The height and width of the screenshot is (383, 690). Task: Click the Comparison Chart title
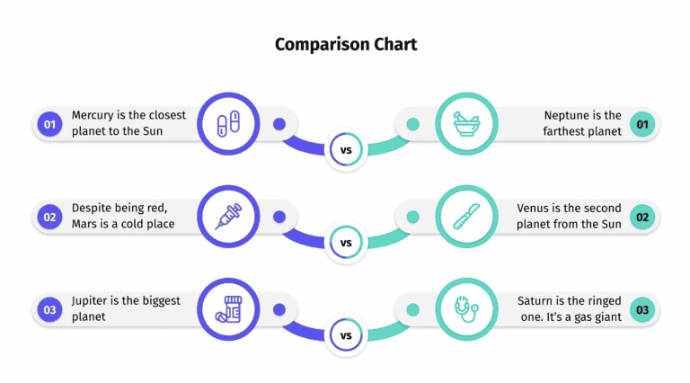(345, 44)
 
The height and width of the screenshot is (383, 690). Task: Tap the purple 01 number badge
(49, 124)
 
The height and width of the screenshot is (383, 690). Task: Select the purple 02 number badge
(49, 217)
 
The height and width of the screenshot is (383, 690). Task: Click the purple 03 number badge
(49, 310)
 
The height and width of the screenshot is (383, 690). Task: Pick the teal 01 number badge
(641, 124)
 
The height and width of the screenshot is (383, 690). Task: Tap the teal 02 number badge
(641, 217)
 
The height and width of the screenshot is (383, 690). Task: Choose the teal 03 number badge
(641, 310)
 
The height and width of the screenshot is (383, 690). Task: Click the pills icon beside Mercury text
(228, 124)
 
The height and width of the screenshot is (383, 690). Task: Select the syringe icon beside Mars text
(228, 217)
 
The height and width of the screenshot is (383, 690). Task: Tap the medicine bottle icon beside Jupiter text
(228, 310)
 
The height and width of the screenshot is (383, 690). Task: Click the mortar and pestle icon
(466, 124)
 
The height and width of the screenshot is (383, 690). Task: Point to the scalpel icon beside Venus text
(466, 217)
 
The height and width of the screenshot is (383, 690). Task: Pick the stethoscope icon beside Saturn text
(466, 310)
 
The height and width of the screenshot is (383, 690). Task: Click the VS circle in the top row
(346, 150)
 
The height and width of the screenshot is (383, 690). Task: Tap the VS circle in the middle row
(346, 243)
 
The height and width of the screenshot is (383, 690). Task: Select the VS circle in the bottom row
(346, 336)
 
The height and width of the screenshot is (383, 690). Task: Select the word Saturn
(536, 301)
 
